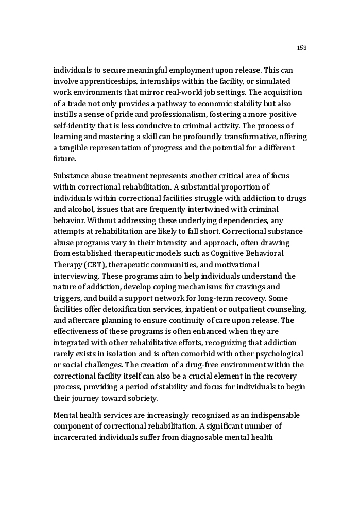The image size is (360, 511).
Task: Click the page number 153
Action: click(302, 48)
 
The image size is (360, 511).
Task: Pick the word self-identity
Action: click(74, 126)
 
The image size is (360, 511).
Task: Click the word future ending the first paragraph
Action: click(64, 159)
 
